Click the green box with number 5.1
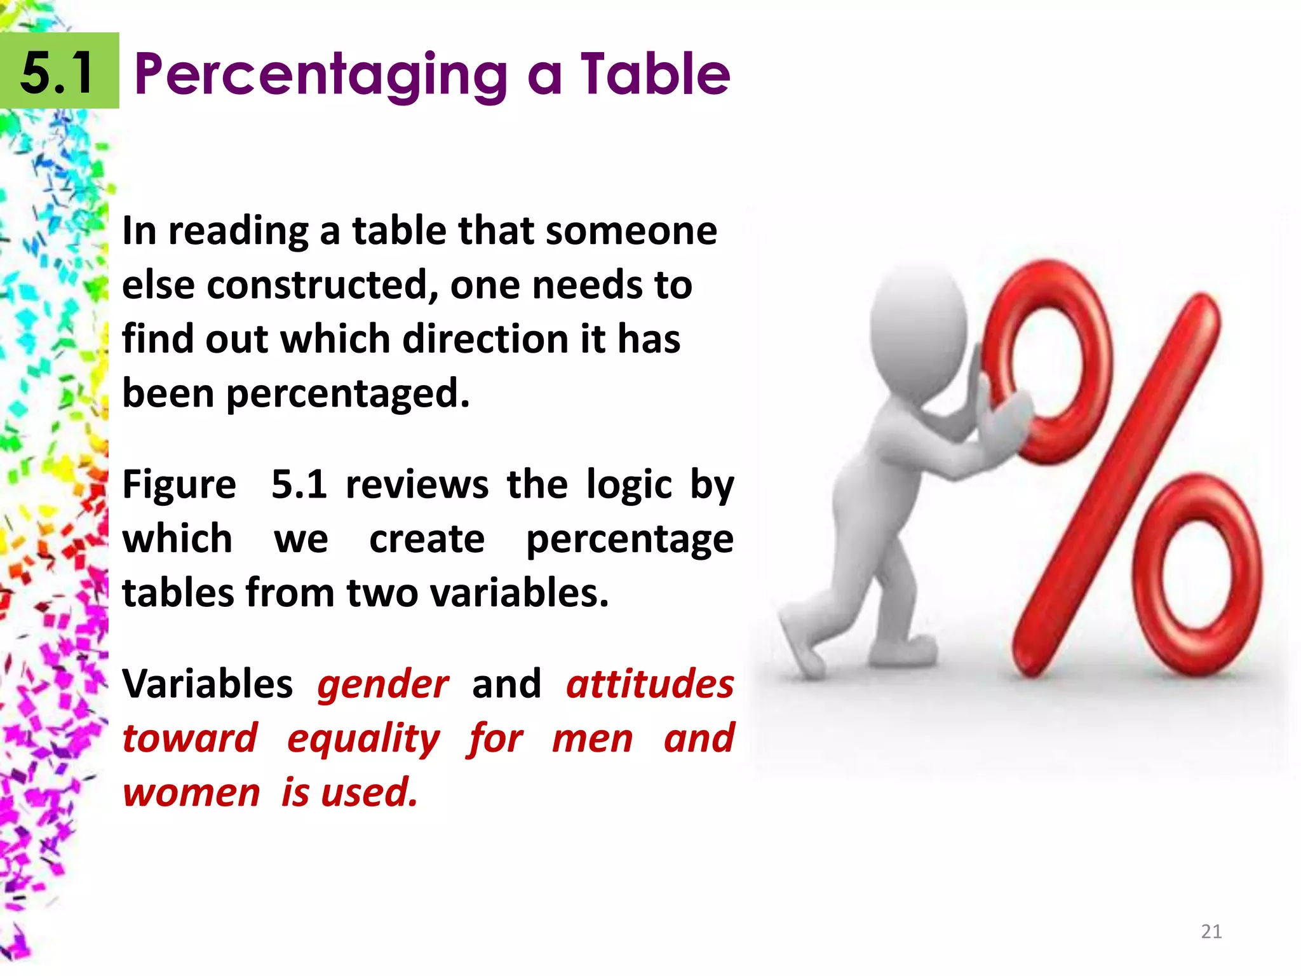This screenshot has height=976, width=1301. point(59,71)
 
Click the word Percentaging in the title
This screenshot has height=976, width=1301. point(321,75)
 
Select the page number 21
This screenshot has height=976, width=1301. point(1211,932)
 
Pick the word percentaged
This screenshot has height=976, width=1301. point(347,394)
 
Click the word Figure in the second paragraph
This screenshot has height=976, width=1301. point(179,485)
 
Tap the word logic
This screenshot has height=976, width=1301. point(629,485)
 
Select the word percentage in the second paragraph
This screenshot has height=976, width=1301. point(630,539)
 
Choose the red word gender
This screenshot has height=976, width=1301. point(383,684)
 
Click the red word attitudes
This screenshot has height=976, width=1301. point(650,684)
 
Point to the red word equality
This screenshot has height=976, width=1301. point(363,739)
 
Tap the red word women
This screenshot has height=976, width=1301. point(191,793)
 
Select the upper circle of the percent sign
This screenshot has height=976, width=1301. point(1048,362)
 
